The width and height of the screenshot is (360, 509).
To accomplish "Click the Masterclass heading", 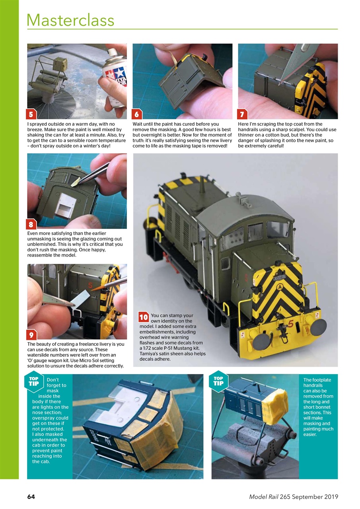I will (x=70, y=20).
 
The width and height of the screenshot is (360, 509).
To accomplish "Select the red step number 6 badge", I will (x=137, y=114).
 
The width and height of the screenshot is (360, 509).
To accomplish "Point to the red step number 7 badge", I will (x=242, y=114).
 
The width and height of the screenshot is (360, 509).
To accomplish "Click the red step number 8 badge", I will (x=31, y=224).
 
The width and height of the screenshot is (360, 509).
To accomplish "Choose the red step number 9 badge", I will (x=31, y=334).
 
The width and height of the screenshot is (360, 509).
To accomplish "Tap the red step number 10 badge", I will (x=144, y=317).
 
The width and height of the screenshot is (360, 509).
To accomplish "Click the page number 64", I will (x=31, y=497).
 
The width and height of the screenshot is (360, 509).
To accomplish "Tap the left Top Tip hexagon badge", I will (x=35, y=381).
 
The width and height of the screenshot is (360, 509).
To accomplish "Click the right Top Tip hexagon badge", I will (x=218, y=381).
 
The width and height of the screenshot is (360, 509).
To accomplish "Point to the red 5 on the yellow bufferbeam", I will (x=291, y=324).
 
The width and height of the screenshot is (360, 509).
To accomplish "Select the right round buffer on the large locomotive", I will (x=318, y=327).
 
